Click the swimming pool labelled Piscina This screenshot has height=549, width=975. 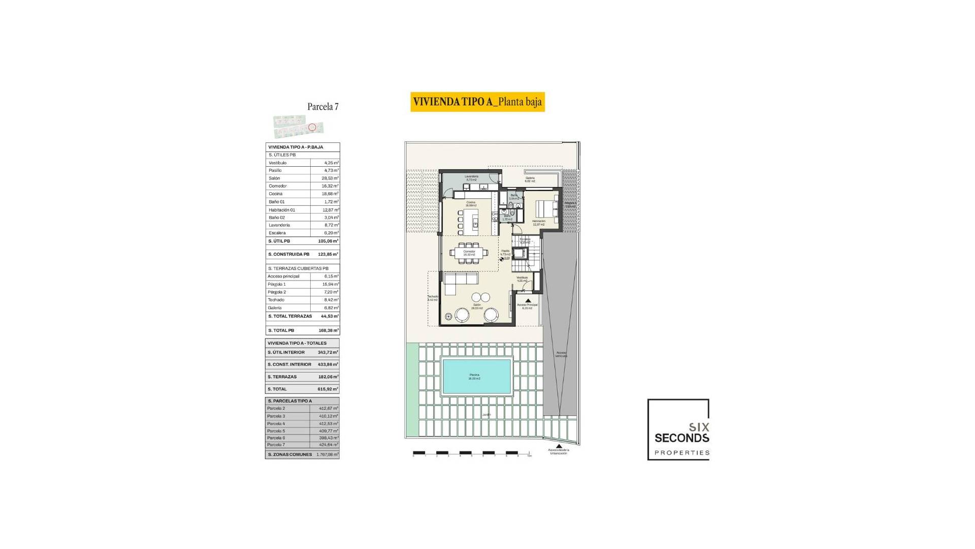click(x=477, y=377)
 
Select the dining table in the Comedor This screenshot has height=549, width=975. click(x=469, y=252)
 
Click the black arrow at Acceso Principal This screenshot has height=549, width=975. click(x=528, y=300)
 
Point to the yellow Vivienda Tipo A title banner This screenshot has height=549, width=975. click(x=477, y=102)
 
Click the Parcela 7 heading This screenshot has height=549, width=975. click(x=323, y=107)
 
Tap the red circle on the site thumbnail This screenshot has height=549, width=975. click(x=312, y=127)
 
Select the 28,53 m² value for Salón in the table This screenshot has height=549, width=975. click(x=331, y=178)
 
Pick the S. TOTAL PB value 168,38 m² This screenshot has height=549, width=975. click(x=328, y=330)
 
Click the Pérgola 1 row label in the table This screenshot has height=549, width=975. click(x=277, y=284)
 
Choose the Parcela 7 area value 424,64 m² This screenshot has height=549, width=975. click(x=328, y=445)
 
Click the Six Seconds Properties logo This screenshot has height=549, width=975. click(x=678, y=430)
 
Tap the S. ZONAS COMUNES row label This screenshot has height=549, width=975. click(x=290, y=454)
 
